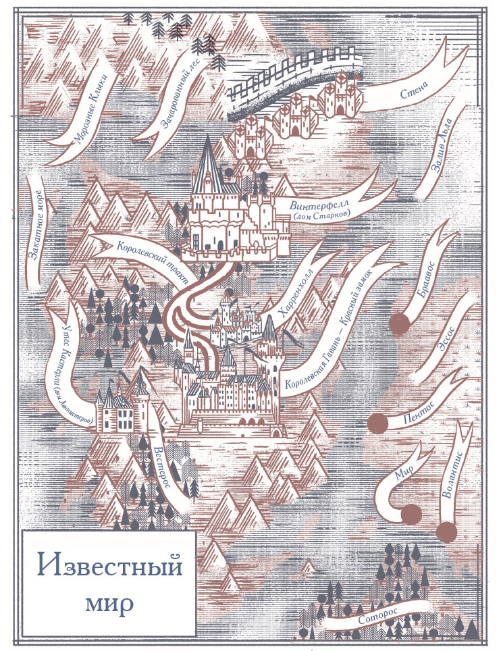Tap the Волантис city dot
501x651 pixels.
[446, 532]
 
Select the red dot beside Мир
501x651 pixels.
[410, 514]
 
